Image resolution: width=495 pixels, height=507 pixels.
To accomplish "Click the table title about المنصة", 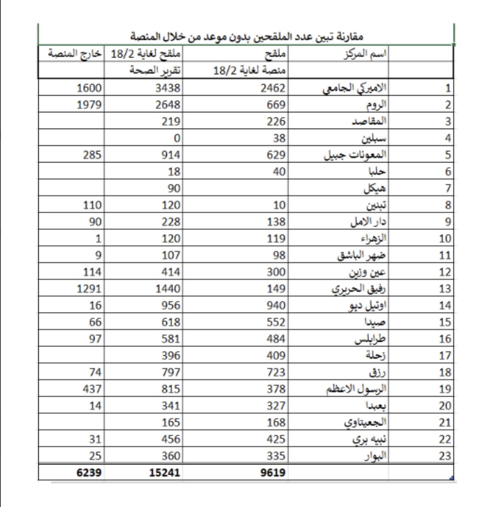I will pos(246,37).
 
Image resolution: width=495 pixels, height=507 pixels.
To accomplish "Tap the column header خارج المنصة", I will pos(75,54).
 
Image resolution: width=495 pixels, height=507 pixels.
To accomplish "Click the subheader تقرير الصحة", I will pos(155,71).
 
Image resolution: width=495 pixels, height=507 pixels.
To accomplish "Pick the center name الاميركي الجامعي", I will pos(355,88).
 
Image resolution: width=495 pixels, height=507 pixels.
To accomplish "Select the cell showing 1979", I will pos(89,105).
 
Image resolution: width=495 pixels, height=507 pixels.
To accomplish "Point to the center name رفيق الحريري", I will pos(359,289).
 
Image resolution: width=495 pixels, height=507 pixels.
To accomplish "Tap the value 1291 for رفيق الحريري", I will pos(89,289).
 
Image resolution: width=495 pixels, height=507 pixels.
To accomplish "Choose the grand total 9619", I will pos(273,473).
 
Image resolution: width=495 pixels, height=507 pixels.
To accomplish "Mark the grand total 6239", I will pos(89,473).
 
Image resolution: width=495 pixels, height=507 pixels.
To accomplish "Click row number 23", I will pos(444,456).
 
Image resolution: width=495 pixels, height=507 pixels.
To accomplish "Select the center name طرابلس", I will pos(370,339).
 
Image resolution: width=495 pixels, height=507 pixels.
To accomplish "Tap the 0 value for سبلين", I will pos(177,138).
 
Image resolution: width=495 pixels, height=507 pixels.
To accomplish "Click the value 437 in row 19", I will pos(92,389).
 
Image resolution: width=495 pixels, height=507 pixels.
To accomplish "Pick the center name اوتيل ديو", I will pos(367,306).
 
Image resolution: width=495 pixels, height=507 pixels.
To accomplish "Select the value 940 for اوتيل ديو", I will pos(276,306).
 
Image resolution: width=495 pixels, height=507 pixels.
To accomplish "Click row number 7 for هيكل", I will pos(447,189).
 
